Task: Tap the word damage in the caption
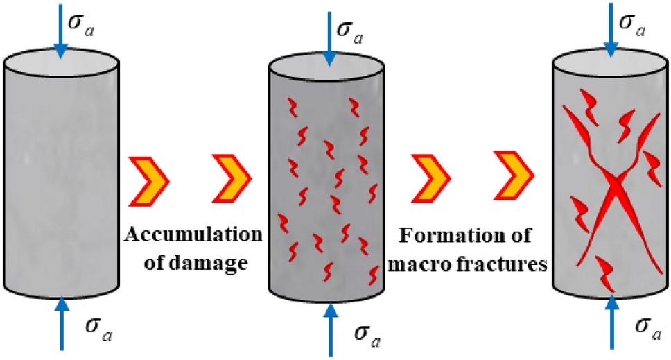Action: [x=221, y=264]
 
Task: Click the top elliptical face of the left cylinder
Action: [x=62, y=65]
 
